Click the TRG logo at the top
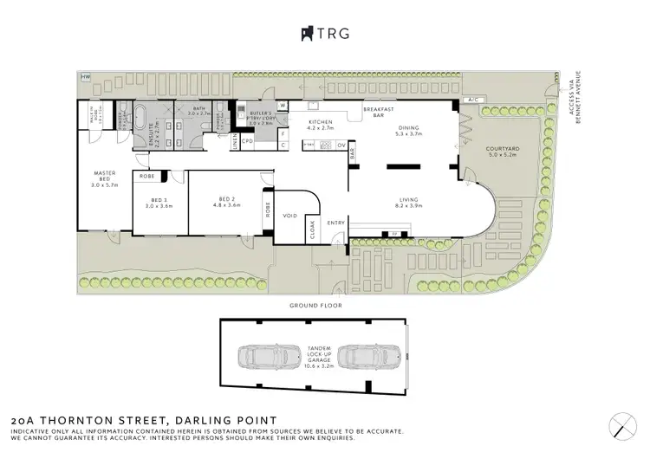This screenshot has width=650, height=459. [x=327, y=33]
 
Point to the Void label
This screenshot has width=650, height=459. [x=290, y=215]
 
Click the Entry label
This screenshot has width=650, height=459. [x=335, y=223]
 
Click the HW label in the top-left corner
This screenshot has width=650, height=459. [x=85, y=78]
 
